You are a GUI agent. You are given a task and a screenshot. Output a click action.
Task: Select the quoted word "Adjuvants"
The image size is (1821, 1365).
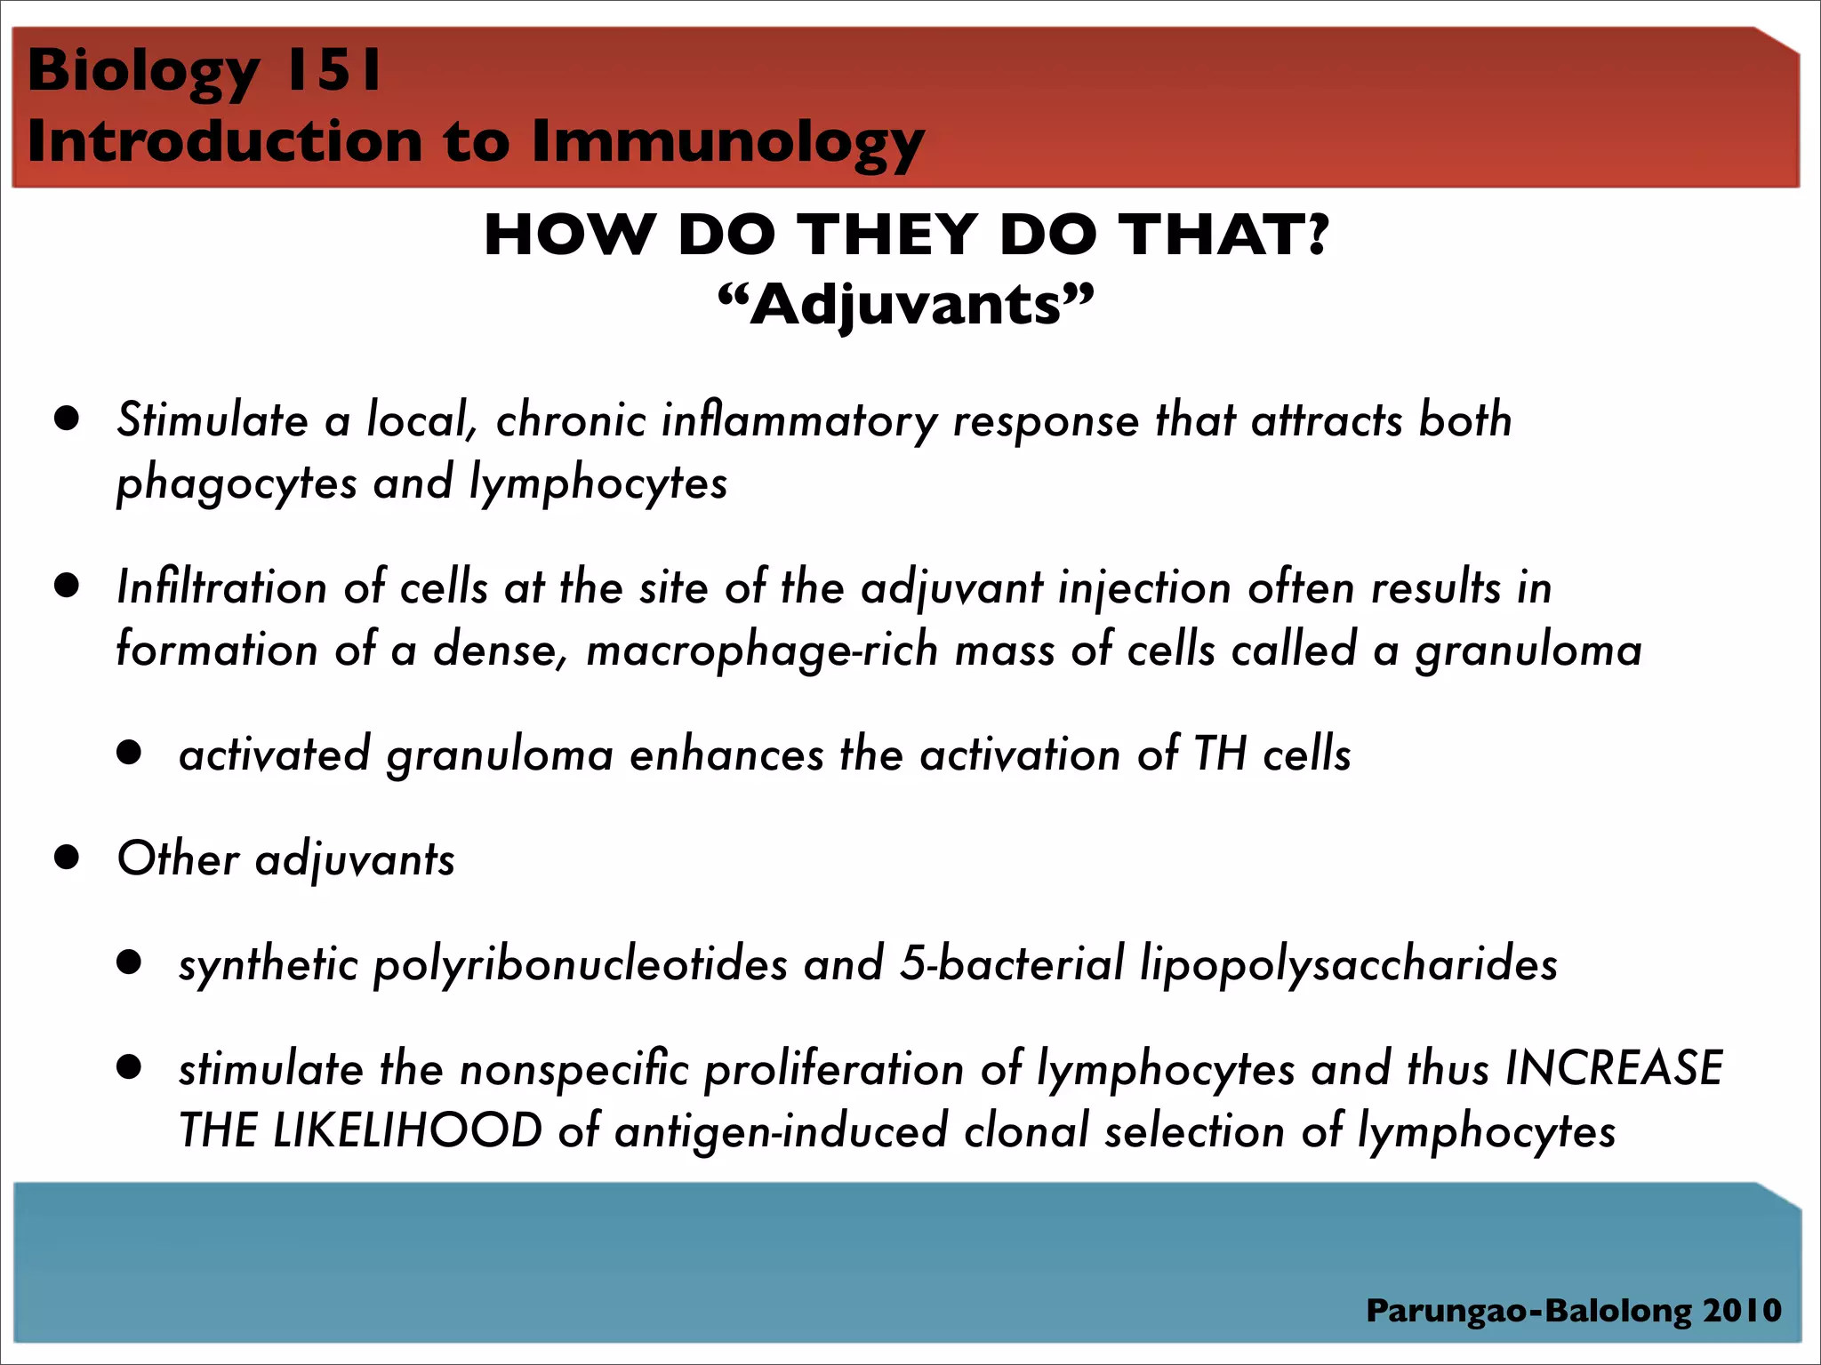[905, 305]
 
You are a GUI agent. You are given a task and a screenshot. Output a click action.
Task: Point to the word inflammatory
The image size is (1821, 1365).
[799, 421]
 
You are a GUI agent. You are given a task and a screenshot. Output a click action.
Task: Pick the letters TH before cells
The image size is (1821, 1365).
[1220, 754]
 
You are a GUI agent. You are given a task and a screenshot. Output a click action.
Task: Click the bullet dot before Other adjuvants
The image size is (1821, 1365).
[67, 858]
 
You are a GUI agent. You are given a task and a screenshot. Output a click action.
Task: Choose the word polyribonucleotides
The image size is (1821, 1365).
[581, 965]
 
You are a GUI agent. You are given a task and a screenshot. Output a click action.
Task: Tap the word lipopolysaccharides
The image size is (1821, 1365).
[1348, 965]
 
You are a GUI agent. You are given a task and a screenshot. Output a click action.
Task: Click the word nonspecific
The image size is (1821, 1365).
[574, 1069]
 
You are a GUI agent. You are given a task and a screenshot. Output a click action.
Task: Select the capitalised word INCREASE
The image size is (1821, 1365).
[1614, 1069]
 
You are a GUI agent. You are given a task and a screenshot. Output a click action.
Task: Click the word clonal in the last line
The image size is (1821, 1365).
[1026, 1131]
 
